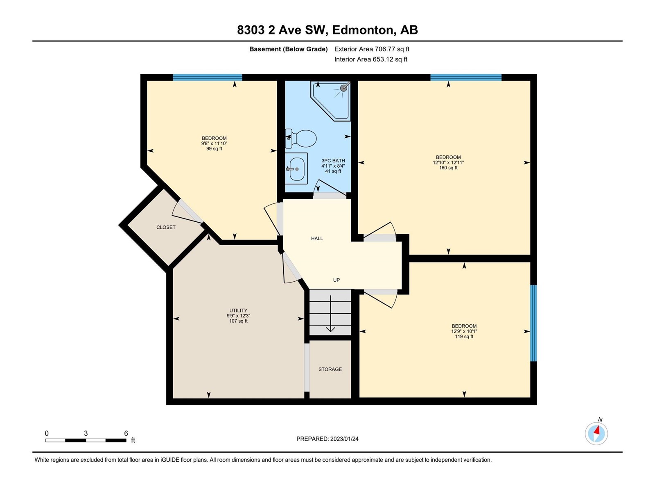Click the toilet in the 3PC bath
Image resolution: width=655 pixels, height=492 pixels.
pos(300,139)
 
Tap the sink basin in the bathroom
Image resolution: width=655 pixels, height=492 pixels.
pos(297,169)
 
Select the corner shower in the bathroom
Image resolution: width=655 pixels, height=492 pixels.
pos(331,101)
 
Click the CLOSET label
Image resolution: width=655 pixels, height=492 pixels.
pos(166,227)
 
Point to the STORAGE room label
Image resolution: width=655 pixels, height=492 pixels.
pos(330,369)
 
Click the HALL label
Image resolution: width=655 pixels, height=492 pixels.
pos(317,238)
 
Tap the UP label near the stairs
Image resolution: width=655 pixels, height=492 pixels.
pos(337,280)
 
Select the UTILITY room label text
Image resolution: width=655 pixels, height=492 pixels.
pos(238,310)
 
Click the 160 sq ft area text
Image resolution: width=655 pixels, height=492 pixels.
pos(448,168)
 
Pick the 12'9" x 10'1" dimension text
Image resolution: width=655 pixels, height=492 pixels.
pos(464,331)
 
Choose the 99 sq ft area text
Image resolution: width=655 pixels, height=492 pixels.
pos(214,149)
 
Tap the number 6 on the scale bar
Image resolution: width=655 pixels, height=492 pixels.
pos(126,433)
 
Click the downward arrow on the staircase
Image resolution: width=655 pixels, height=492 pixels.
pos(330,314)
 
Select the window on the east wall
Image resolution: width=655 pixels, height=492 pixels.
pos(533,323)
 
